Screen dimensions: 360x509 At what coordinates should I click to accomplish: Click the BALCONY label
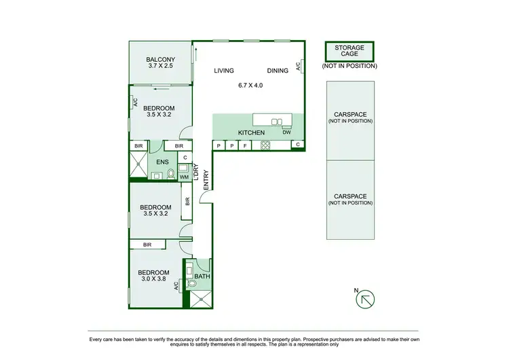(x=160, y=60)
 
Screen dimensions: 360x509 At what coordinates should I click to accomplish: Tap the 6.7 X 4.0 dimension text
(x=250, y=86)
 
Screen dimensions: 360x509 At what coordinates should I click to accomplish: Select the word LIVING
(x=224, y=71)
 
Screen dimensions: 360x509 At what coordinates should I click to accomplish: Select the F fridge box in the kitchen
(x=244, y=145)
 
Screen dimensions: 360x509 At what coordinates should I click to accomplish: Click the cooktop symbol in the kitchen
(x=266, y=145)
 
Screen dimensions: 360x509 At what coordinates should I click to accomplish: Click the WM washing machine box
(x=183, y=177)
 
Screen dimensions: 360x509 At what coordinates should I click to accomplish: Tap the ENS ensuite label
(x=162, y=162)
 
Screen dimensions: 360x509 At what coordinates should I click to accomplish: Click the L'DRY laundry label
(x=195, y=175)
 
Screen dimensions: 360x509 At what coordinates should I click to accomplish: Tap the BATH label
(x=202, y=276)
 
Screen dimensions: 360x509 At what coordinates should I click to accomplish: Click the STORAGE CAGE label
(x=349, y=52)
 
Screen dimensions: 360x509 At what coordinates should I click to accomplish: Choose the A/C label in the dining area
(x=297, y=67)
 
